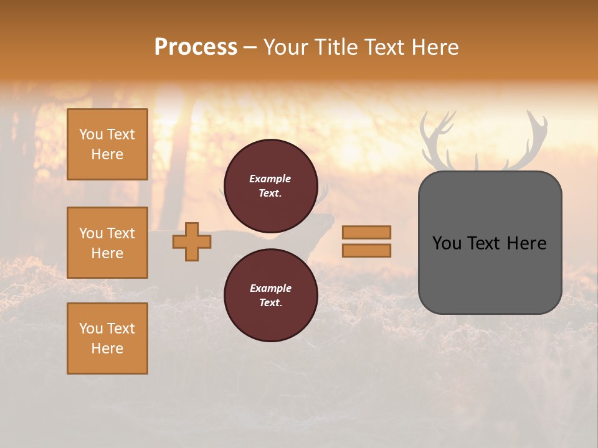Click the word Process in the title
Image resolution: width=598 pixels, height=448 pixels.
click(196, 47)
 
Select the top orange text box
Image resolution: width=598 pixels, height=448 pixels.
click(107, 144)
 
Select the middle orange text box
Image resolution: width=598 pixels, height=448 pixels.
click(107, 243)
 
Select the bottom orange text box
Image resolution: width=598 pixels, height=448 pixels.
click(107, 338)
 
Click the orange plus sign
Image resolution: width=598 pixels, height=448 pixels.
click(192, 241)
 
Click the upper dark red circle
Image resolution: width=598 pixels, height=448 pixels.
click(270, 185)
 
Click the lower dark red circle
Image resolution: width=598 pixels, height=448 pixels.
click(270, 295)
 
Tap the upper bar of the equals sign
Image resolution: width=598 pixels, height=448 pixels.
click(366, 232)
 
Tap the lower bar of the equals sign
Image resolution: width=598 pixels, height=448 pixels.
click(366, 250)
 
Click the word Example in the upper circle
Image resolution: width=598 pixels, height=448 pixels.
click(270, 179)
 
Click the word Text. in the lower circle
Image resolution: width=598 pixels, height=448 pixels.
click(270, 302)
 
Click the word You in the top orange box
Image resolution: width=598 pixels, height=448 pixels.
click(91, 134)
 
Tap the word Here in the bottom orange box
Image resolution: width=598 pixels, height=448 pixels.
click(107, 348)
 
